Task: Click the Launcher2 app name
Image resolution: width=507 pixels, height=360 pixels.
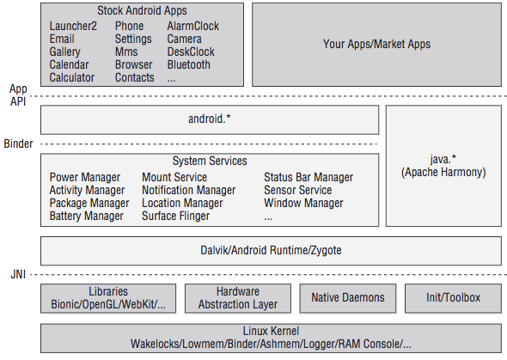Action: pyautogui.click(x=73, y=26)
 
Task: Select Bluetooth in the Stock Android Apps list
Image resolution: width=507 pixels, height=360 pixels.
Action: pyautogui.click(x=188, y=64)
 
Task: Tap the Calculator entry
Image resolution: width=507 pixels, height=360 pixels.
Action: pyautogui.click(x=72, y=77)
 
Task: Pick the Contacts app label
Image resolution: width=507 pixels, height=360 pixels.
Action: pyautogui.click(x=135, y=77)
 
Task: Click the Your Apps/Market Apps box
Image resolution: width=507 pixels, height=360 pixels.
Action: pyautogui.click(x=376, y=45)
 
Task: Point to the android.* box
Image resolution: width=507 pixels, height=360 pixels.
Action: pyautogui.click(x=210, y=119)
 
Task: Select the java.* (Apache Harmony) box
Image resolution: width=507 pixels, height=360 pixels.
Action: pyautogui.click(x=443, y=166)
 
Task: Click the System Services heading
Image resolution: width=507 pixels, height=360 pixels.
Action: pyautogui.click(x=210, y=161)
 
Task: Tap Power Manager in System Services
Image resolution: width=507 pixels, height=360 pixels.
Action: pyautogui.click(x=85, y=177)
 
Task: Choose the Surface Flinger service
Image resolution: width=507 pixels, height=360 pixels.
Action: pyautogui.click(x=175, y=216)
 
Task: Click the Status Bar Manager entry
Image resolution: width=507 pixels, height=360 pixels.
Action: pyautogui.click(x=308, y=177)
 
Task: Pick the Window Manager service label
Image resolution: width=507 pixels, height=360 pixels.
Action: pyautogui.click(x=303, y=203)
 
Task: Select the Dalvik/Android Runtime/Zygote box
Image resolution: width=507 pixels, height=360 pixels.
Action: pyautogui.click(x=271, y=251)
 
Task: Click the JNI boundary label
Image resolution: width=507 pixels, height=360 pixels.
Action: pyautogui.click(x=18, y=274)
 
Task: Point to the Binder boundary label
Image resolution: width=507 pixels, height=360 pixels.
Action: pyautogui.click(x=18, y=143)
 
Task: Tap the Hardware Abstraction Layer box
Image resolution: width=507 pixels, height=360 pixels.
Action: pyautogui.click(x=238, y=298)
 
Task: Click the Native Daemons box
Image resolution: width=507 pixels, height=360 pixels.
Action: pyautogui.click(x=347, y=298)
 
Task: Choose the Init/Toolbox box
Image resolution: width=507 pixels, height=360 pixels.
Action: pyautogui.click(x=453, y=298)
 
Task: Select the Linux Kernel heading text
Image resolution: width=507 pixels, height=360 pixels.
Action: pyautogui.click(x=271, y=332)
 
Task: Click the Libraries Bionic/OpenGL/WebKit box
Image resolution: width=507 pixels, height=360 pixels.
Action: pyautogui.click(x=108, y=298)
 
